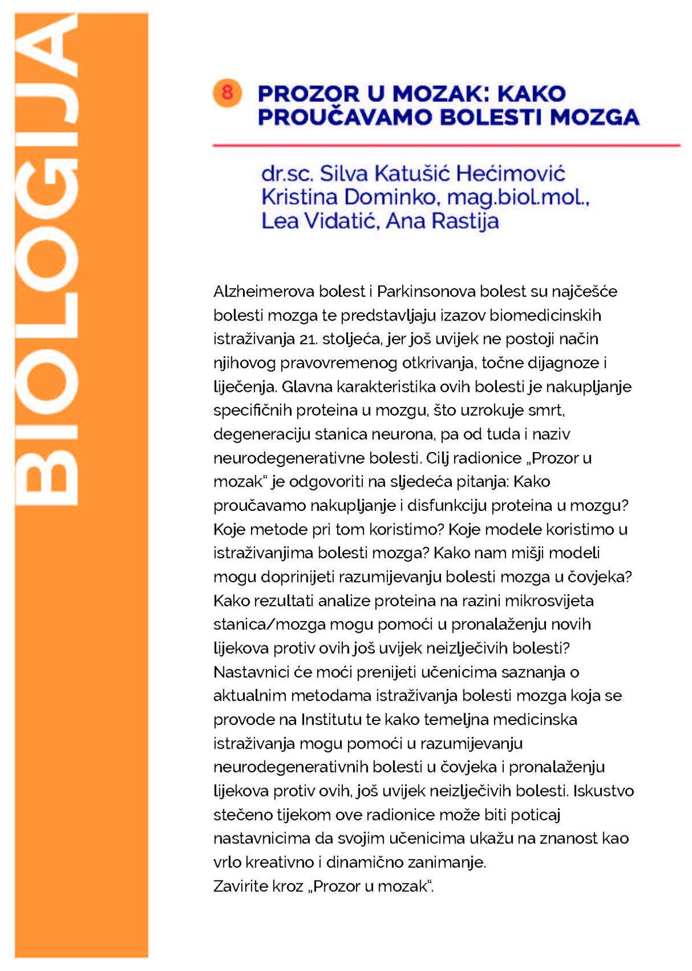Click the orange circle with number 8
coord(227,92)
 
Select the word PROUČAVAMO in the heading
coord(345,117)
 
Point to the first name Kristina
coord(299,197)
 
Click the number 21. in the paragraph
coord(309,339)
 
